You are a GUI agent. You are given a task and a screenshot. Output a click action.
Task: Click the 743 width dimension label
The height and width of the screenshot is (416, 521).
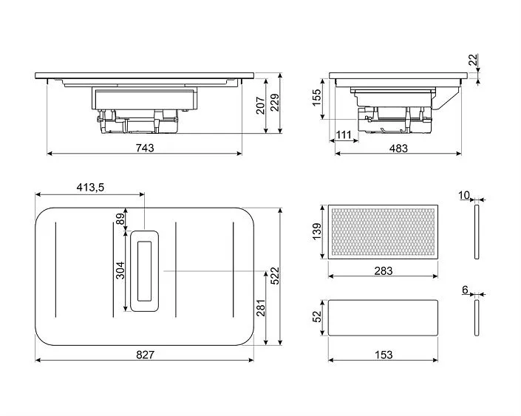click(145, 148)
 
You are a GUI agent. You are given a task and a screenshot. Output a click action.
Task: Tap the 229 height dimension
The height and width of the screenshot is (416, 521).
click(276, 103)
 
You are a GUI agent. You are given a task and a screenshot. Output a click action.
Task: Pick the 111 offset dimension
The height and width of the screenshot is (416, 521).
click(343, 134)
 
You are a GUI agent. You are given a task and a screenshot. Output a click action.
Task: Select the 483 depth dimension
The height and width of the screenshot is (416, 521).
click(398, 149)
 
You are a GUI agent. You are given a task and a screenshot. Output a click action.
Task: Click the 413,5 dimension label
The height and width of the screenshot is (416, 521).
click(90, 188)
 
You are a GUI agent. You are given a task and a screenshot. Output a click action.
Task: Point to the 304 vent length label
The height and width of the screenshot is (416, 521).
click(119, 270)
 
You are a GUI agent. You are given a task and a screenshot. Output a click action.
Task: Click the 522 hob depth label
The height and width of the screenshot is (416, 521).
click(274, 275)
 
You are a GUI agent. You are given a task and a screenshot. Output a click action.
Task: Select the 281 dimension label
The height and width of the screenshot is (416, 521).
click(259, 307)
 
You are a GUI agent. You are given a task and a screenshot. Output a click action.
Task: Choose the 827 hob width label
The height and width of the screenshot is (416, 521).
click(145, 355)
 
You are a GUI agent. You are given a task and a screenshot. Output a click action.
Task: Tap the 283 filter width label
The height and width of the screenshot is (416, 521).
click(383, 271)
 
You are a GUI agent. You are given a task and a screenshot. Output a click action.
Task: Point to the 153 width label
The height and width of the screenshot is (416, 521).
click(383, 355)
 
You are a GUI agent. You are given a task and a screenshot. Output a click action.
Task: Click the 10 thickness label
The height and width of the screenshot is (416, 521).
click(463, 195)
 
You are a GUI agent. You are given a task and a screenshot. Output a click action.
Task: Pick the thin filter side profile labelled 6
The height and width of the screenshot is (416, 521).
click(476, 318)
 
